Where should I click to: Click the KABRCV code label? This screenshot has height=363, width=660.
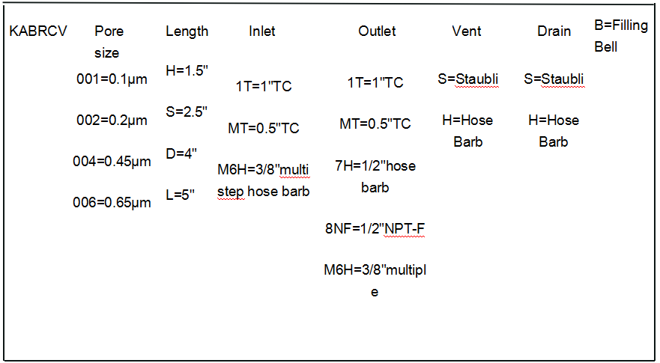click(38, 31)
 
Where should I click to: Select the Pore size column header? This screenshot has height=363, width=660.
click(107, 42)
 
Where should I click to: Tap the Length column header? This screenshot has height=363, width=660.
click(187, 31)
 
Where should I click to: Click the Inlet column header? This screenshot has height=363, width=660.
click(262, 31)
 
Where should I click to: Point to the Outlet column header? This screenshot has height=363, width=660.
click(377, 31)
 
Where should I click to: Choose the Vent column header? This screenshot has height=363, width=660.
click(467, 31)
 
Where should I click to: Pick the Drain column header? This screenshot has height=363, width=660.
click(554, 31)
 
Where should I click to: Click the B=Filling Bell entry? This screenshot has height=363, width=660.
click(621, 36)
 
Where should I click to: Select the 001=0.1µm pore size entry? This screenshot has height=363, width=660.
click(112, 79)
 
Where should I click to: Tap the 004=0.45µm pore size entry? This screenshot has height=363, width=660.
click(112, 161)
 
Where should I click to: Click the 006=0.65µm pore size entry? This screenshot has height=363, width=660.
click(112, 202)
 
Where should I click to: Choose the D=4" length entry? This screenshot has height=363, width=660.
click(181, 153)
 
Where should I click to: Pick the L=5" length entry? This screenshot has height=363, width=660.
click(180, 195)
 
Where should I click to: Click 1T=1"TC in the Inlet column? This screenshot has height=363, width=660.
click(264, 86)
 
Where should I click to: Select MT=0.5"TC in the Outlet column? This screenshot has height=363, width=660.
click(375, 123)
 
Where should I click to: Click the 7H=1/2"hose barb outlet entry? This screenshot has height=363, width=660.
click(375, 177)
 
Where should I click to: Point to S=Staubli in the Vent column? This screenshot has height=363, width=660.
click(468, 79)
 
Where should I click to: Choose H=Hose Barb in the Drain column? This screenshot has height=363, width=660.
click(554, 131)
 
